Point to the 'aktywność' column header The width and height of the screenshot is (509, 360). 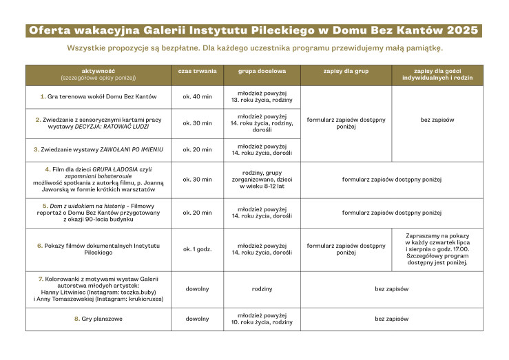(98, 71)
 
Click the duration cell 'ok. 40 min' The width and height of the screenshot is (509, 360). (197, 96)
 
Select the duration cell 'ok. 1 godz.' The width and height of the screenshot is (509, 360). (197, 248)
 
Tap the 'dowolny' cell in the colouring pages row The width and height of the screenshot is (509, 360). (197, 288)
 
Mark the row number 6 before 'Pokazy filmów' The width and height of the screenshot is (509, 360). (39, 245)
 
